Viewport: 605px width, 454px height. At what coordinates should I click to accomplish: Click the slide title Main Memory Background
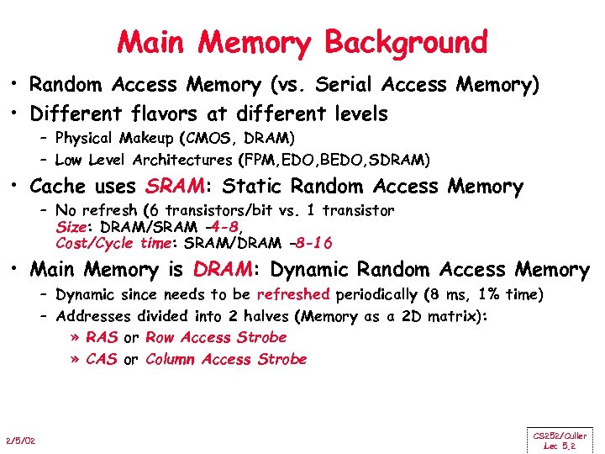coord(302,41)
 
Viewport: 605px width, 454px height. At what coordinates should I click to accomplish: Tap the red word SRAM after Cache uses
coord(176,187)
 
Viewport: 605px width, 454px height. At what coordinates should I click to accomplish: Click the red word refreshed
coord(293,295)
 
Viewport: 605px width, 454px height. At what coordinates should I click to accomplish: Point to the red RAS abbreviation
coord(102,338)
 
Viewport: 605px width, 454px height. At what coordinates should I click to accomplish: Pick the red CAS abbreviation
coord(102,360)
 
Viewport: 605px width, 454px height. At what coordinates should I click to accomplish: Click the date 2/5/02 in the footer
coord(21,441)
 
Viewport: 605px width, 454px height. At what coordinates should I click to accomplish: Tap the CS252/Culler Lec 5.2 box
coord(560,441)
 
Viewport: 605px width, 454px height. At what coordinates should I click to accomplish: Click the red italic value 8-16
coord(310,244)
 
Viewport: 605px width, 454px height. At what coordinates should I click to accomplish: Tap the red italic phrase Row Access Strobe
coord(216,338)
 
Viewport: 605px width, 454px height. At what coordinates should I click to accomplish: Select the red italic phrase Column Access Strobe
coord(226,360)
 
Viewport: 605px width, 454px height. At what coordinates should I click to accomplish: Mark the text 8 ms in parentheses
coord(462,295)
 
